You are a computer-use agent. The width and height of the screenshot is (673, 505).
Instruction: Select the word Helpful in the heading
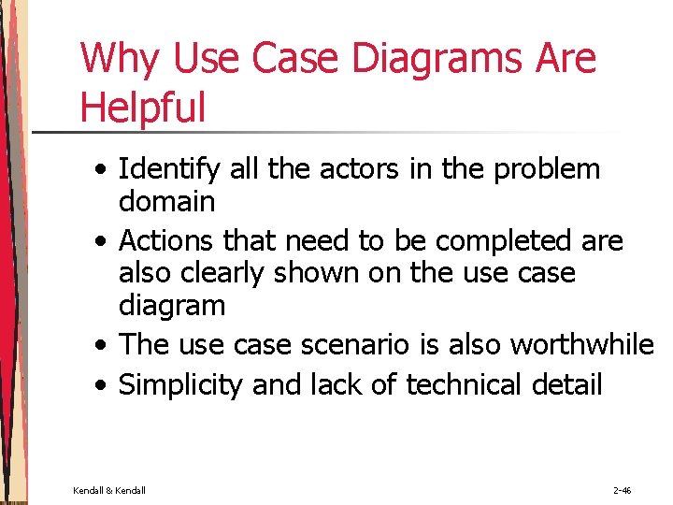point(142,108)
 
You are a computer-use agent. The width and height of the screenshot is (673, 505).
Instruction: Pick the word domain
point(167,201)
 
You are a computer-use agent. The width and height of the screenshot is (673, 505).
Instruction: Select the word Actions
point(168,240)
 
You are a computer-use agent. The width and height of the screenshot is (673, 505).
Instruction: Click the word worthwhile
point(581,344)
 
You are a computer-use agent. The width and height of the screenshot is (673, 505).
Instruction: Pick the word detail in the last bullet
point(567,384)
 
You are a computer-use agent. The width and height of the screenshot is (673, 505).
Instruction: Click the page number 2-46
point(622,490)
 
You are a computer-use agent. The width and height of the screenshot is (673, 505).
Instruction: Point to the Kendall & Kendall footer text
point(108,490)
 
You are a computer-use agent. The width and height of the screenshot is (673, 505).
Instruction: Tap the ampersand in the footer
point(108,490)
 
